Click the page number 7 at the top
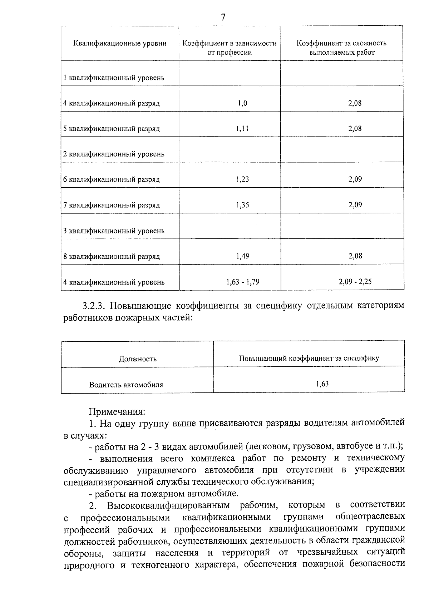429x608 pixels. click(223, 17)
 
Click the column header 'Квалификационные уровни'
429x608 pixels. click(120, 44)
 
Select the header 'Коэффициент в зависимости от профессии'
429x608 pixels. click(230, 48)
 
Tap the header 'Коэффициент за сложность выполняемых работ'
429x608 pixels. click(341, 48)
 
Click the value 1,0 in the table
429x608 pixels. click(242, 103)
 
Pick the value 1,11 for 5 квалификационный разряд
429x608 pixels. click(242, 129)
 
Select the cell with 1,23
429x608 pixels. click(242, 179)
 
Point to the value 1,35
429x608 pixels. click(242, 205)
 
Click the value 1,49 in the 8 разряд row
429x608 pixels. click(242, 256)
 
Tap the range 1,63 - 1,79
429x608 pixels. click(243, 282)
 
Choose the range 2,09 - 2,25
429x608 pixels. click(355, 282)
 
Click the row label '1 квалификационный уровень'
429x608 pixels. click(114, 78)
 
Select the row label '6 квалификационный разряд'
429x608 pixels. click(111, 179)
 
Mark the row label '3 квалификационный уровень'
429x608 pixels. click(114, 231)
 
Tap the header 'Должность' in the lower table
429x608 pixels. click(138, 359)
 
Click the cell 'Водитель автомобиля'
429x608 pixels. click(126, 385)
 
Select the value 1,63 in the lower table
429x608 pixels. click(322, 384)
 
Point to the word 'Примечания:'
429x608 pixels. click(117, 411)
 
